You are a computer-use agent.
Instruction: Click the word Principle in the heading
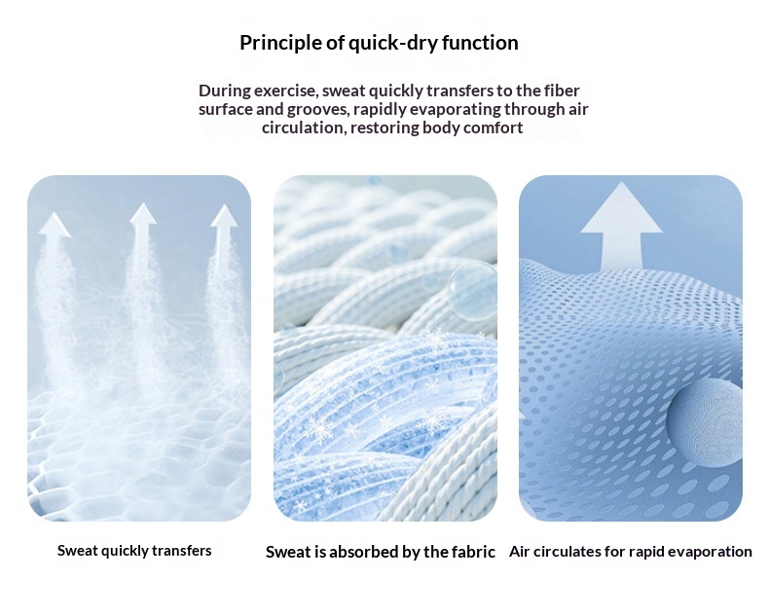pyautogui.click(x=281, y=43)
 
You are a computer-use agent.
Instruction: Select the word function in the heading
pyautogui.click(x=480, y=43)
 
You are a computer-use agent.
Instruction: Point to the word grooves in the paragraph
pyautogui.click(x=319, y=109)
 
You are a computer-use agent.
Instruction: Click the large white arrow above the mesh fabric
pyautogui.click(x=621, y=226)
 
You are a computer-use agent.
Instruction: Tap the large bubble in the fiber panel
pyautogui.click(x=473, y=292)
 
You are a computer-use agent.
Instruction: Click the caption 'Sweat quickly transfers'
pyautogui.click(x=134, y=551)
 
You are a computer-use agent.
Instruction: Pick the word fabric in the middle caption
pyautogui.click(x=473, y=552)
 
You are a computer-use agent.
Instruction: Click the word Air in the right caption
pyautogui.click(x=520, y=551)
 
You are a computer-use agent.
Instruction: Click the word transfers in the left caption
pyautogui.click(x=182, y=550)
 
